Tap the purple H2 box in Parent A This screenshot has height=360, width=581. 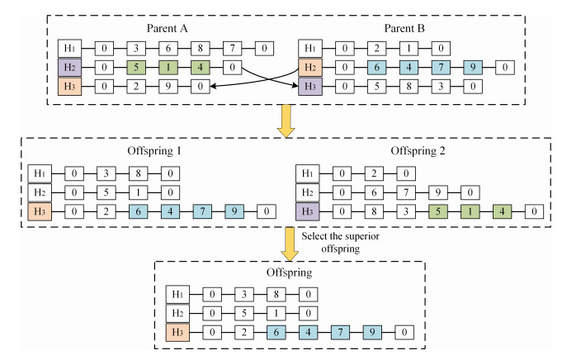pos(69,68)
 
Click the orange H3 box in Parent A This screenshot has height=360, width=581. pos(69,85)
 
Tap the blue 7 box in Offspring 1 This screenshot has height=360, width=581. pos(201,211)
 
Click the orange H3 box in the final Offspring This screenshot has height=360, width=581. pos(177,332)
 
